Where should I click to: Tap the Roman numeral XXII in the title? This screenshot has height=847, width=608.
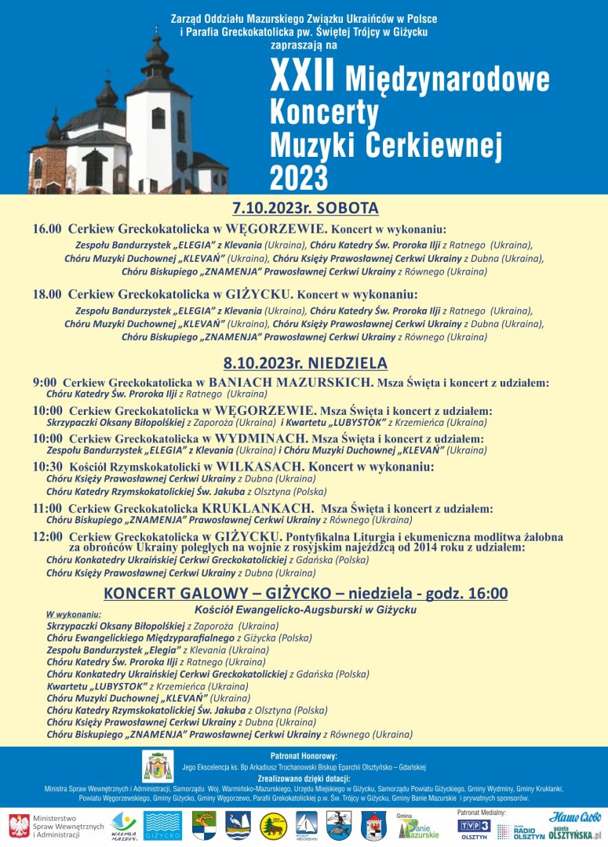tap(302, 79)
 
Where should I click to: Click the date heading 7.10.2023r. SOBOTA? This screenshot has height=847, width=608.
tap(305, 208)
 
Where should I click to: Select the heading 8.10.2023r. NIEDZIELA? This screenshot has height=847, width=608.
tap(305, 363)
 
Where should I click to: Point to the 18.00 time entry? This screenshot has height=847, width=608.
tap(46, 295)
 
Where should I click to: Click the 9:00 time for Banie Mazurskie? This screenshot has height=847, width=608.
tap(44, 383)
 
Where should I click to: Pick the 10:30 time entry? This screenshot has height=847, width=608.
tap(46, 467)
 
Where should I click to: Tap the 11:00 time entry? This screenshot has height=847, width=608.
tap(46, 508)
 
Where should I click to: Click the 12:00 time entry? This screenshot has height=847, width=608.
tap(46, 536)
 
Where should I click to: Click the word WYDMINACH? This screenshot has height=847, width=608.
tap(260, 439)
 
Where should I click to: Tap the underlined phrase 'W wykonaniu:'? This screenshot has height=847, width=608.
tap(74, 614)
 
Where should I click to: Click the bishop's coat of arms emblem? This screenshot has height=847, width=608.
tap(157, 766)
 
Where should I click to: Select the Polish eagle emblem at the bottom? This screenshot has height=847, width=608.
tap(19, 826)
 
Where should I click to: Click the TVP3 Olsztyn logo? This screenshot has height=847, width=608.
tap(474, 828)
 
